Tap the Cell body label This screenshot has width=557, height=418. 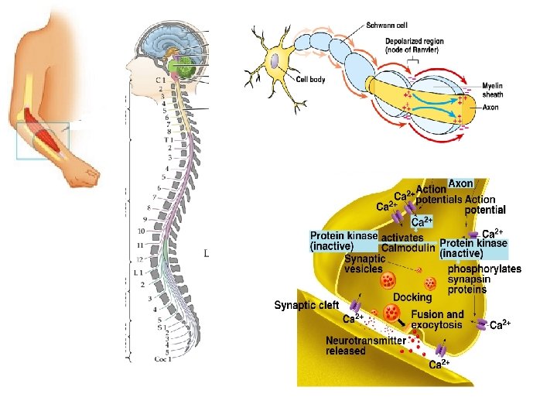click(x=314, y=78)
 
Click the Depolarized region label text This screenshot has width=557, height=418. click(x=409, y=45)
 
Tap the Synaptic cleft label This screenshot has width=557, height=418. click(x=307, y=305)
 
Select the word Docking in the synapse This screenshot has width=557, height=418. click(x=412, y=296)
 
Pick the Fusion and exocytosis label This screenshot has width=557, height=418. click(x=437, y=320)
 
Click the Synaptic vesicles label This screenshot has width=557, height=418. click(x=364, y=264)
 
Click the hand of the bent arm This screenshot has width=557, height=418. click(x=81, y=177)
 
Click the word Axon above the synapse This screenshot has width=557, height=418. click(x=461, y=184)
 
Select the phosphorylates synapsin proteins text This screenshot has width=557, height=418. click(x=484, y=279)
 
